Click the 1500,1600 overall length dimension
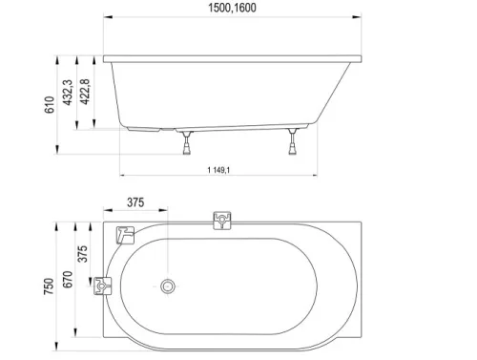232,9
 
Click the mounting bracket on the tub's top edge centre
221,222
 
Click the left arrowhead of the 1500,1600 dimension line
106,18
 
